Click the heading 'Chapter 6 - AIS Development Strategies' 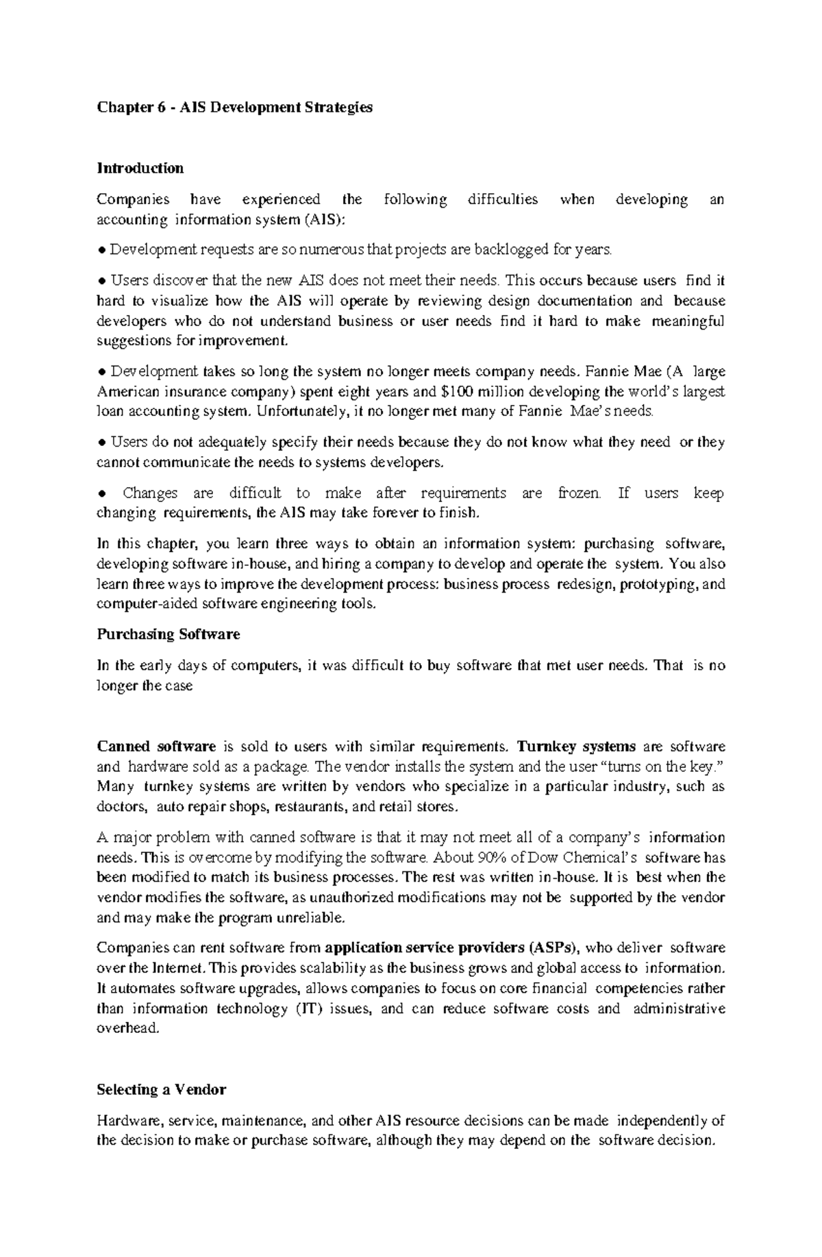tap(234, 108)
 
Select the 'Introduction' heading tap(140, 169)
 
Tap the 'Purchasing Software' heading tap(168, 634)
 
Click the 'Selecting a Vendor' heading tap(161, 1089)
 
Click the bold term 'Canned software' tap(156, 746)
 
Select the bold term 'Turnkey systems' tap(577, 746)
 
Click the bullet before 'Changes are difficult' tap(101, 494)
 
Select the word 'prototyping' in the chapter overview tap(660, 584)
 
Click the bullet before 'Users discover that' tap(101, 281)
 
